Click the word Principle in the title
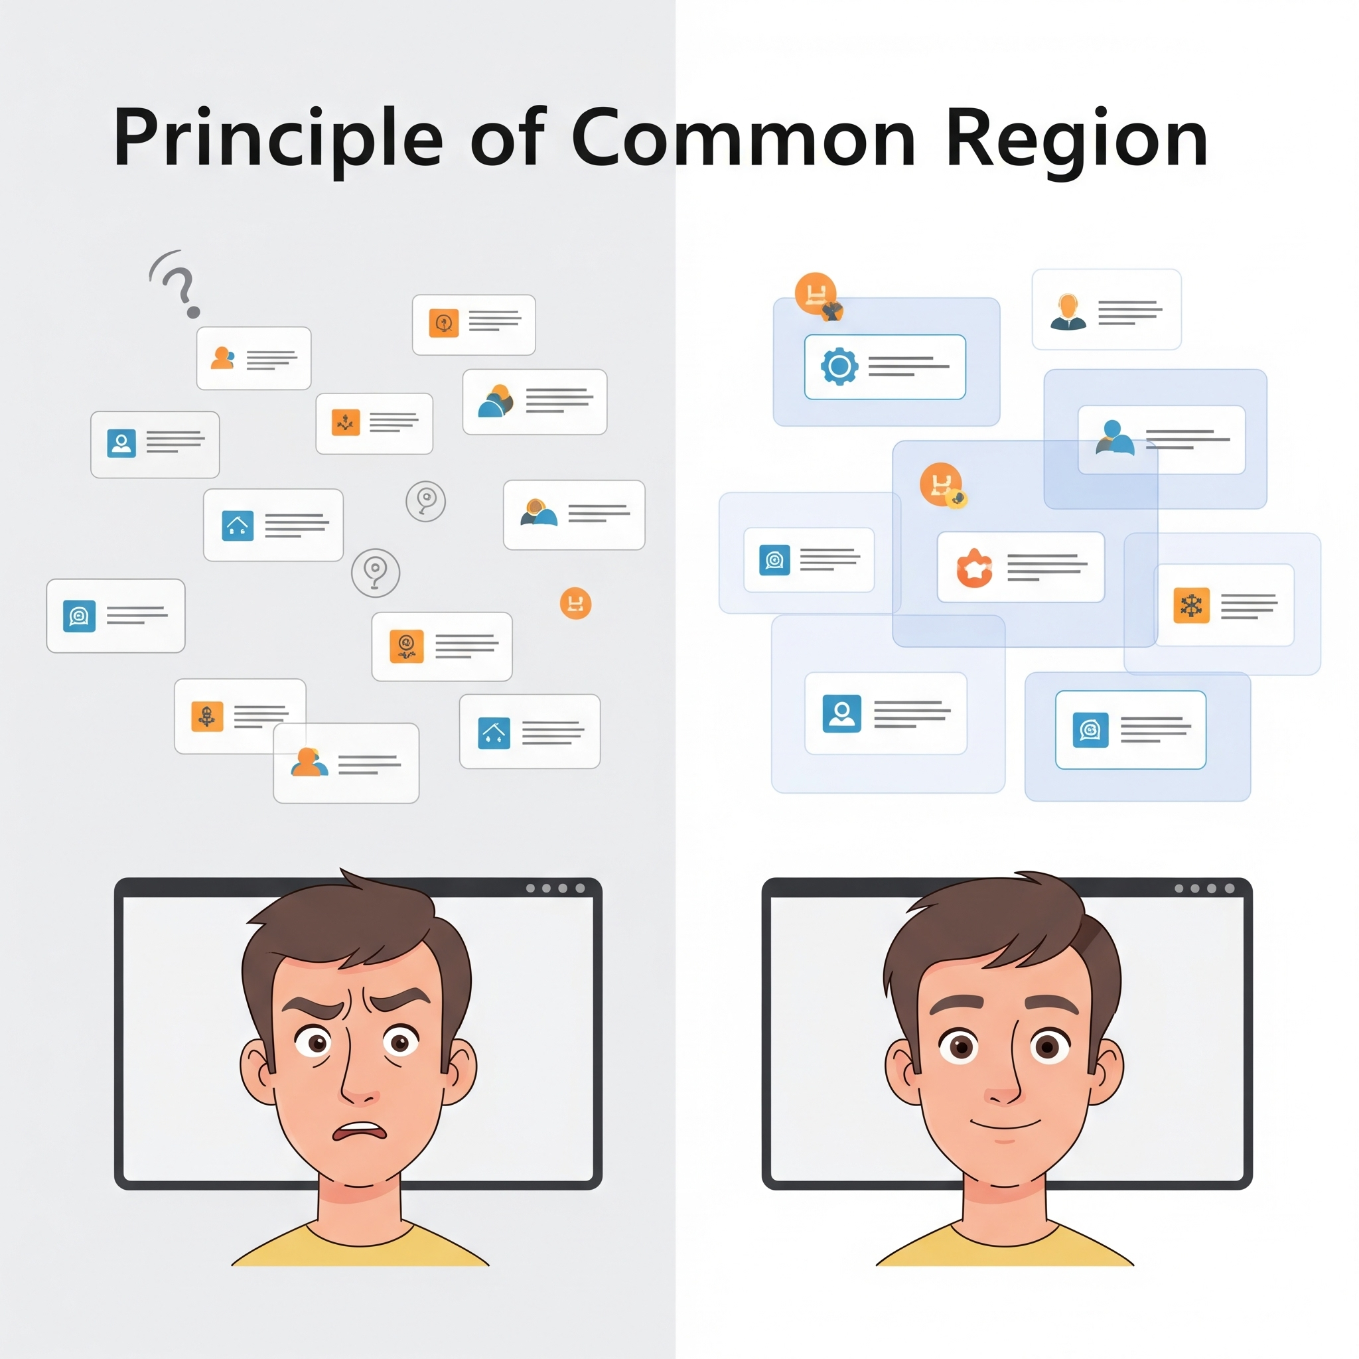click(278, 139)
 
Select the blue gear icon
click(839, 366)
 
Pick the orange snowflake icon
click(1192, 605)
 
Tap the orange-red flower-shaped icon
click(974, 567)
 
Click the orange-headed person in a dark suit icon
click(1068, 312)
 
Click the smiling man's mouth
click(1005, 1123)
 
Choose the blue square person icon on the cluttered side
click(121, 443)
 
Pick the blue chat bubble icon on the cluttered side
click(80, 616)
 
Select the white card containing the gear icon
click(885, 366)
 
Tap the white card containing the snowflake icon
click(1224, 605)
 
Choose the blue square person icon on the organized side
click(842, 713)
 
